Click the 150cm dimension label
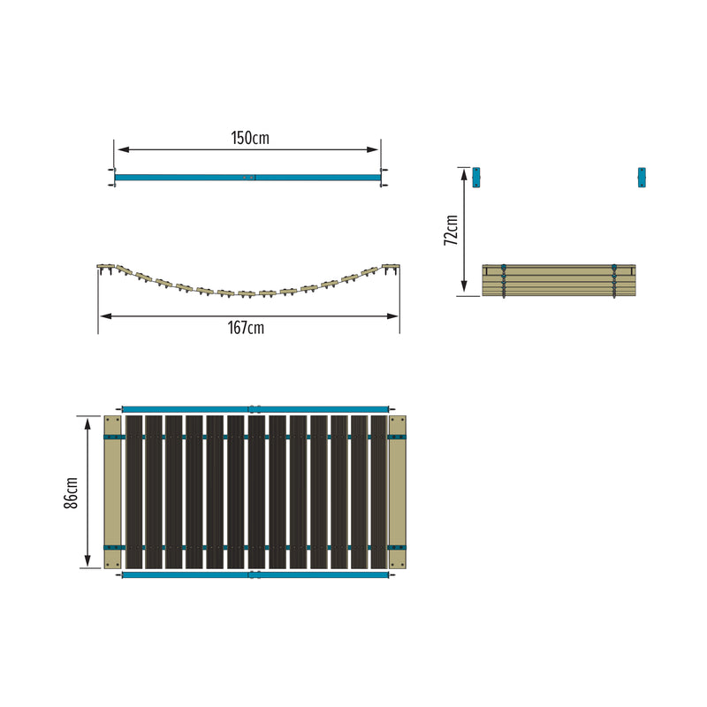point(250,138)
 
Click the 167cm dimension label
point(246,328)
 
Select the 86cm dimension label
point(72,492)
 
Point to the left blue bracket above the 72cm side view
point(476,177)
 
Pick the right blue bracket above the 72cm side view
point(642,177)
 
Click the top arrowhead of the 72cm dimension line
point(463,172)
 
